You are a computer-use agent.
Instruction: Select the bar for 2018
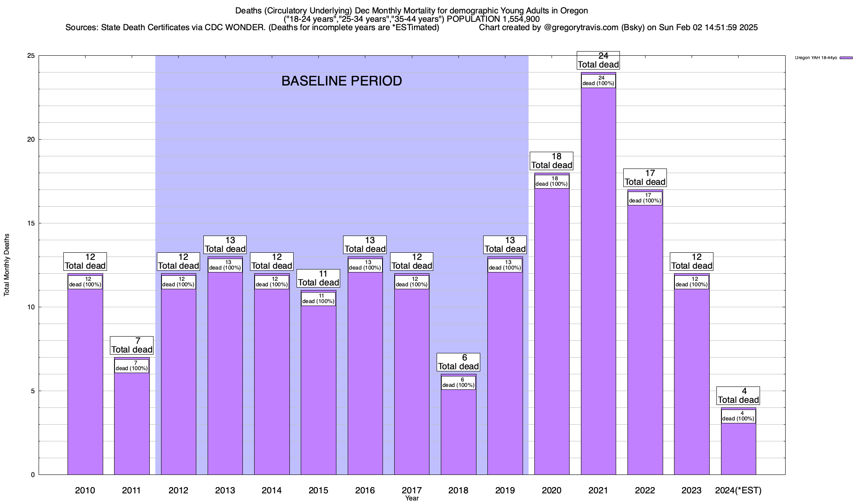(x=458, y=432)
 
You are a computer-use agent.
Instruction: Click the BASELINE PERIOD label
(x=341, y=81)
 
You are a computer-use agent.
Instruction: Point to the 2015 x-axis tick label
(x=318, y=490)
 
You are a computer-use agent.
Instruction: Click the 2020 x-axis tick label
(x=552, y=490)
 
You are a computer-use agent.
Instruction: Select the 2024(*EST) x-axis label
(x=738, y=490)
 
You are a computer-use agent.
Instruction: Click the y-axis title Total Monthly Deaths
(x=7, y=265)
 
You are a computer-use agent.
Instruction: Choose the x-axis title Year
(x=412, y=498)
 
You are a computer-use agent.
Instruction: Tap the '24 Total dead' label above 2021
(x=598, y=60)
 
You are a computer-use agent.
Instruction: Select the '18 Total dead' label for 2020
(x=552, y=161)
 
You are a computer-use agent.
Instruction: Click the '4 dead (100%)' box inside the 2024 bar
(x=738, y=416)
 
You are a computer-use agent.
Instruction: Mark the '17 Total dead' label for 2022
(x=645, y=178)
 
